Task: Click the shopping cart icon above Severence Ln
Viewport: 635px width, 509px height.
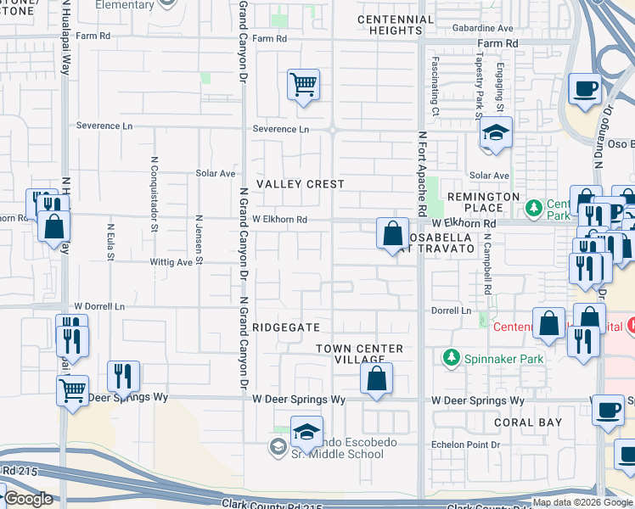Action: coord(303,85)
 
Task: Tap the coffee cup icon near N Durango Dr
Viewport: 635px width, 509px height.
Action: coord(586,89)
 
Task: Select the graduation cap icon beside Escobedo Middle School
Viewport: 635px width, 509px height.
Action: coord(307,433)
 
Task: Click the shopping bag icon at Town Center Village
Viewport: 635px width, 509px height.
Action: coord(376,378)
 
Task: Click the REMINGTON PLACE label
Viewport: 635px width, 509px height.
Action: coord(483,203)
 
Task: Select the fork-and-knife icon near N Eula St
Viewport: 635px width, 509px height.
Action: coord(124,376)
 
